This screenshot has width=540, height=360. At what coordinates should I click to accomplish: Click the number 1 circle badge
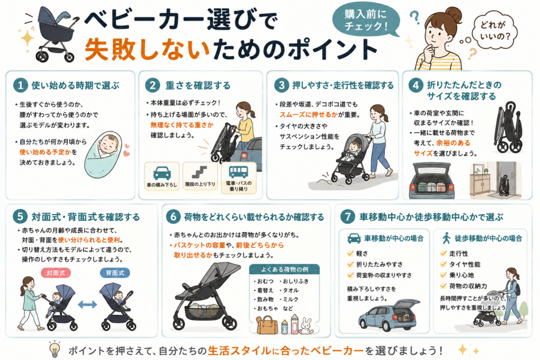[x=21, y=85]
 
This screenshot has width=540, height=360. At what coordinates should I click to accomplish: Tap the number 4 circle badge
[x=416, y=85]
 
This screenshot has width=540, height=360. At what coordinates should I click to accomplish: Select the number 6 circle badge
[x=173, y=217]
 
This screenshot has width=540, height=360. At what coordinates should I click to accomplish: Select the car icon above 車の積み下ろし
[x=162, y=173]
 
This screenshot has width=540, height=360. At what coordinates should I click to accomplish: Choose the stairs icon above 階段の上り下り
[x=200, y=172]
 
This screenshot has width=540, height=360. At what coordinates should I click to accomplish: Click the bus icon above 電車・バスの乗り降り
[x=238, y=172]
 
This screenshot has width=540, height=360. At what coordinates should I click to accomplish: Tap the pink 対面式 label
[x=56, y=273]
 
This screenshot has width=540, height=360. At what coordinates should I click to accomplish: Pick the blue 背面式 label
[x=115, y=273]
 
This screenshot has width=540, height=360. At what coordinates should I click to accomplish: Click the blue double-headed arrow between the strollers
[x=88, y=304]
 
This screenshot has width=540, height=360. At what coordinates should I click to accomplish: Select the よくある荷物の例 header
[x=284, y=269]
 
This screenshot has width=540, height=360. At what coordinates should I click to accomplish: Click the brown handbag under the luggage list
[x=267, y=326]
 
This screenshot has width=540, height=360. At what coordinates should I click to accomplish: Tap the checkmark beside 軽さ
[x=351, y=254]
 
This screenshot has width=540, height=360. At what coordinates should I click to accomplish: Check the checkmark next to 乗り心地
[x=443, y=275]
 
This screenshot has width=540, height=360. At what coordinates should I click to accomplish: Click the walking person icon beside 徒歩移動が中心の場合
[x=446, y=238]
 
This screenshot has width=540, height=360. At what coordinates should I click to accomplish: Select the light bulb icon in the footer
[x=54, y=349]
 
